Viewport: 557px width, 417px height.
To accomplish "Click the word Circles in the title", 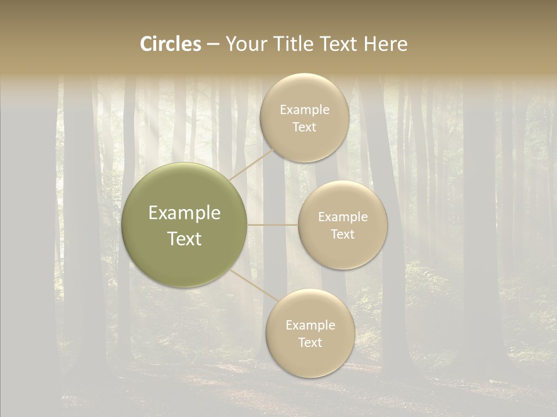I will [171, 44].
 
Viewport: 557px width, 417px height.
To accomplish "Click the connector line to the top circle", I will [252, 163].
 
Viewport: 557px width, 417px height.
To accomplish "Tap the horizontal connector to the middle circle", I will [273, 225].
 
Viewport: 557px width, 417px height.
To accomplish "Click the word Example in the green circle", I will [185, 213].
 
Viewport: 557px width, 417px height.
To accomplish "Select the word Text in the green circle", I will [185, 239].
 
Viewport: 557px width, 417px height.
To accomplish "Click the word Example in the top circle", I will [305, 110].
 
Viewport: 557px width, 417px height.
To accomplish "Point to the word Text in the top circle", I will [304, 127].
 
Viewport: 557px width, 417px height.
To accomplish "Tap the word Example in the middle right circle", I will [343, 217].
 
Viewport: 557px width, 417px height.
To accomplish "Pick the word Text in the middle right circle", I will [342, 235].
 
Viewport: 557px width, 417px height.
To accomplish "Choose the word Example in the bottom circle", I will [310, 325].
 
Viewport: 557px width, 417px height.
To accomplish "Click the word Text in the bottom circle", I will [310, 343].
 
